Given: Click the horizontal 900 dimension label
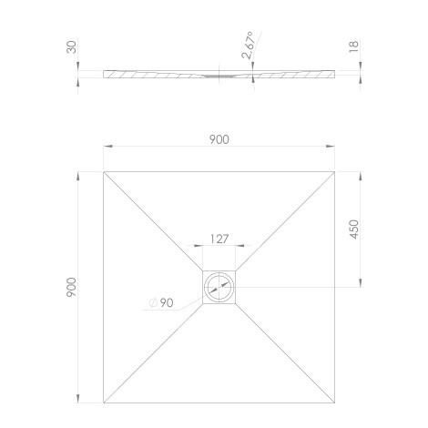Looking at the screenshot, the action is coord(219,139).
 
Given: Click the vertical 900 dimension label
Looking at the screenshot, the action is coord(72,287).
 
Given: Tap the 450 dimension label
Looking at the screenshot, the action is coord(354,229).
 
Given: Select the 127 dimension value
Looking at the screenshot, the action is coord(219,239).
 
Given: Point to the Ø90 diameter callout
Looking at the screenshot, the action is coord(161,302).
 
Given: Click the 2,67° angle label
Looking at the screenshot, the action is coord(248,45).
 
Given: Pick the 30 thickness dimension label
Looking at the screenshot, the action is coord(72,47).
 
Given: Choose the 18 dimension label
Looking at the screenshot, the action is coord(354,46).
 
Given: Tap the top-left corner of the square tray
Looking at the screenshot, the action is coord(104,172).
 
